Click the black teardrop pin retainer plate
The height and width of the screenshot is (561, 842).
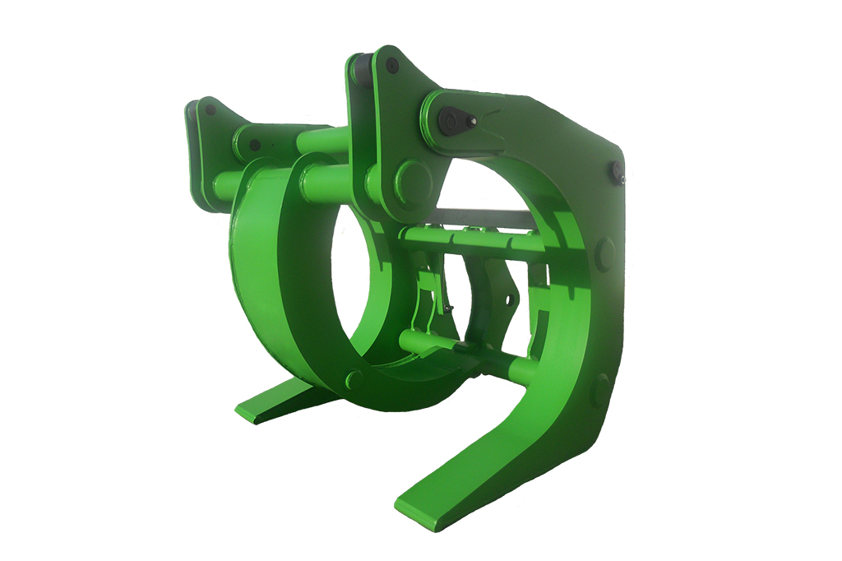[x=451, y=122]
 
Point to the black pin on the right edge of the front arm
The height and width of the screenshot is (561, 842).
[x=616, y=172]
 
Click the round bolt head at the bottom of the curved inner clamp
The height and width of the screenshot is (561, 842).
[x=354, y=379]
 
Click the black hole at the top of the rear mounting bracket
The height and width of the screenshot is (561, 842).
[x=211, y=109]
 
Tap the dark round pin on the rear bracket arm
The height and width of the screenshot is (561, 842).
[x=255, y=145]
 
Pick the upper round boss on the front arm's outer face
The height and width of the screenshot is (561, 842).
[x=604, y=254]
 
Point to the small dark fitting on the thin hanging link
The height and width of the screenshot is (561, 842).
[x=448, y=308]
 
